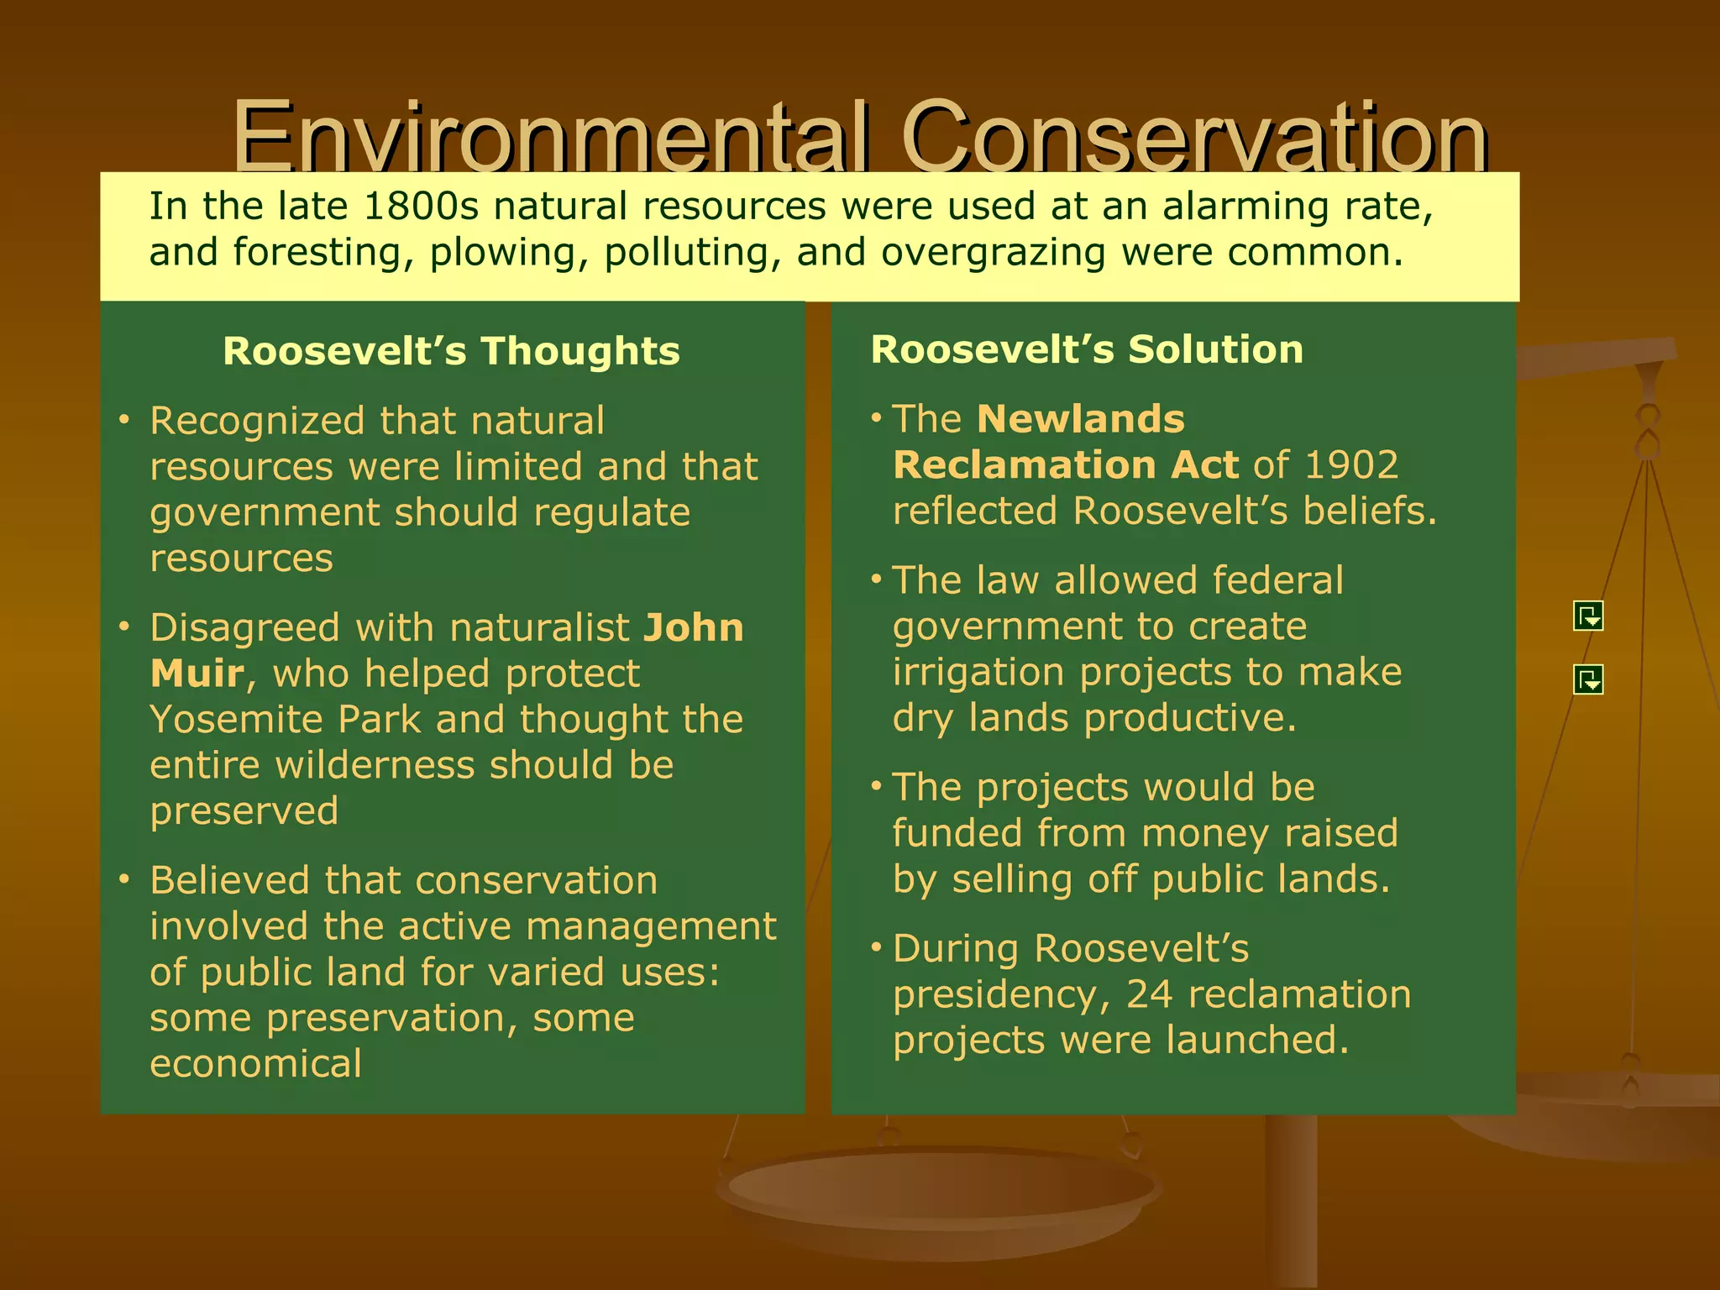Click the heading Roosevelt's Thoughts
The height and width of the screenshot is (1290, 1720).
451,351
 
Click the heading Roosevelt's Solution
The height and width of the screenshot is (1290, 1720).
1087,349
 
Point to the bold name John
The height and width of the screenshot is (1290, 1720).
694,628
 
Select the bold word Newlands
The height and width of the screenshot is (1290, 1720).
1081,419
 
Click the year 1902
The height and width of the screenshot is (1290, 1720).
1352,465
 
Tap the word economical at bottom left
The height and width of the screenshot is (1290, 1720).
255,1064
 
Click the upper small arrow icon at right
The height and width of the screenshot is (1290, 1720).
1587,616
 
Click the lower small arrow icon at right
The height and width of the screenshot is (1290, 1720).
1587,679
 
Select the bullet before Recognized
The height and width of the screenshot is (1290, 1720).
124,419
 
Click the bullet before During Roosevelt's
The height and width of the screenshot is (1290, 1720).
876,947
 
